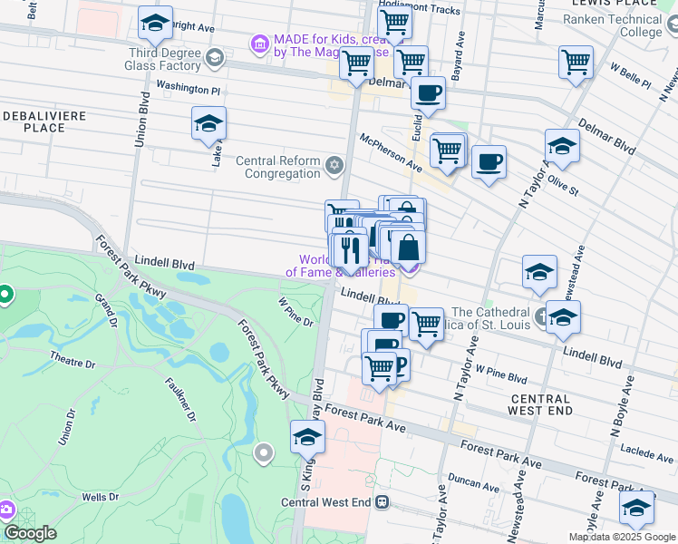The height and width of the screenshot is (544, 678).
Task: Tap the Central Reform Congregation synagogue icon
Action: (x=335, y=164)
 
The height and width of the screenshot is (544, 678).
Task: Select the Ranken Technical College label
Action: (x=616, y=25)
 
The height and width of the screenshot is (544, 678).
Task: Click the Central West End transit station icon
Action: (x=383, y=501)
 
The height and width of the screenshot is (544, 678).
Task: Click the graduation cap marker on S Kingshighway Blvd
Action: (x=307, y=436)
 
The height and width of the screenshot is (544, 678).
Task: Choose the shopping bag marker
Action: (x=408, y=247)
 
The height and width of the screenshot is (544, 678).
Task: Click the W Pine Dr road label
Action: (x=295, y=313)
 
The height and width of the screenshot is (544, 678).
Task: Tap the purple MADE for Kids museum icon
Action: (x=260, y=44)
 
